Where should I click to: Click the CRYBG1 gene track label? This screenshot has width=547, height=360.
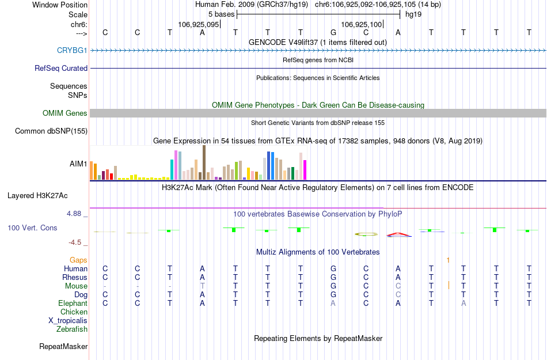tap(72, 50)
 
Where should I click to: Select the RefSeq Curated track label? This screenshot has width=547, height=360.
tap(61, 68)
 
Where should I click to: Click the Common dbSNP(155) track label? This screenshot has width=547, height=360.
tap(51, 131)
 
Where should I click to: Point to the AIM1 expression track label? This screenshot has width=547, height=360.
tap(78, 164)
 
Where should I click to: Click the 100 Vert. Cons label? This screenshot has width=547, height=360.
tap(32, 228)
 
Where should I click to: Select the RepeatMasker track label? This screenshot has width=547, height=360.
tap(63, 346)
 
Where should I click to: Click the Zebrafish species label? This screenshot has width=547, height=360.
tap(72, 329)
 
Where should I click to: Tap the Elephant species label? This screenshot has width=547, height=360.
tap(73, 303)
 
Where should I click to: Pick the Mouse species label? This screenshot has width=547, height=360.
tap(76, 286)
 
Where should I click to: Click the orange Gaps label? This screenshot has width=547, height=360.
tap(78, 260)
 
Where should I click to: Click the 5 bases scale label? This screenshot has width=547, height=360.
tap(221, 14)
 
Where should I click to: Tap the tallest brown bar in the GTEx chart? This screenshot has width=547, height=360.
tap(204, 162)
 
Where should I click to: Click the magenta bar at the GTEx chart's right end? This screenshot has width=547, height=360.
tap(305, 169)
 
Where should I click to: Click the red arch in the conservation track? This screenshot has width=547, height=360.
tap(398, 234)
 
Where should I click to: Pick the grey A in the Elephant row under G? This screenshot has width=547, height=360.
tap(333, 303)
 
